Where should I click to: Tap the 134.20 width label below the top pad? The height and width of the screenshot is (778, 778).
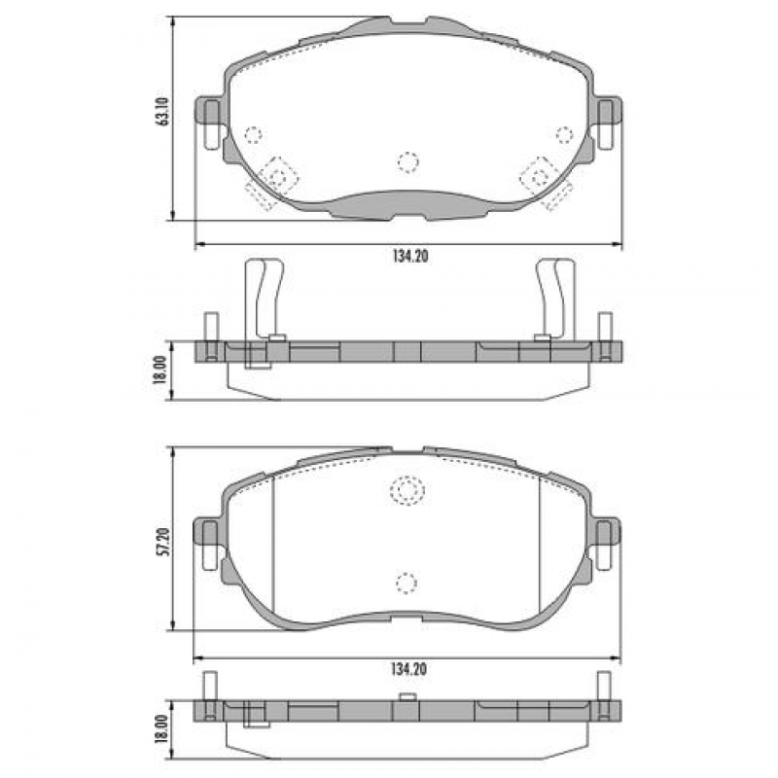click(x=408, y=257)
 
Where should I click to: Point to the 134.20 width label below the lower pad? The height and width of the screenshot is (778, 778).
click(x=408, y=668)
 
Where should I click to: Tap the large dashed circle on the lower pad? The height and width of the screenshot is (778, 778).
click(x=407, y=491)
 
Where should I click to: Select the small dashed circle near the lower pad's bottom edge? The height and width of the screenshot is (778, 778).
click(x=407, y=582)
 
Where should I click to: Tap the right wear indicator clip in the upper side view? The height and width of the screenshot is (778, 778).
click(x=555, y=297)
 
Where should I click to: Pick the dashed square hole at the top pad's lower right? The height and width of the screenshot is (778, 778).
click(x=537, y=176)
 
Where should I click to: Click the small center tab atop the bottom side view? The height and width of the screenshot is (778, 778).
click(x=408, y=696)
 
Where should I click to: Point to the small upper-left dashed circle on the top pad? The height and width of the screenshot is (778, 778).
click(x=255, y=134)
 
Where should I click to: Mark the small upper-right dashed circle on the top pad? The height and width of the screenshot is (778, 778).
click(x=562, y=134)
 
